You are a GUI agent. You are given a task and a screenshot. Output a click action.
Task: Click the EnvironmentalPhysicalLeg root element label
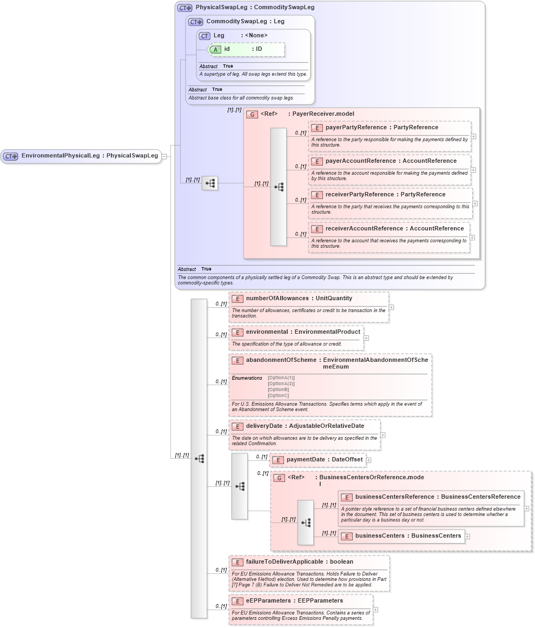point(60,156)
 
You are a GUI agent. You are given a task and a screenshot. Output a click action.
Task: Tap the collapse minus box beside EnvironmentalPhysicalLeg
point(164,156)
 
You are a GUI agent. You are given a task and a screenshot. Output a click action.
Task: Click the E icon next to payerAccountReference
point(317,161)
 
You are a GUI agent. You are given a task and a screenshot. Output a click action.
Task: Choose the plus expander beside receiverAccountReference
point(472,237)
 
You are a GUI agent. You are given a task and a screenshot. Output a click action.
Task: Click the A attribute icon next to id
point(215,49)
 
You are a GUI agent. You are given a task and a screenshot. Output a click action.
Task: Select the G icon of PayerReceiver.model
point(252,114)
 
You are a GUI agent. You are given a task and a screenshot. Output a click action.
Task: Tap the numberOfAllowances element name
point(277,299)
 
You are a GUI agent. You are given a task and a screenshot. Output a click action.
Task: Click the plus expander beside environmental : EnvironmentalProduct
point(366,338)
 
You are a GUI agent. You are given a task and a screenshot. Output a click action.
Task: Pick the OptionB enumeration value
point(278,389)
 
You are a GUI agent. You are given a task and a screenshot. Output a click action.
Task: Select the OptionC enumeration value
point(278,395)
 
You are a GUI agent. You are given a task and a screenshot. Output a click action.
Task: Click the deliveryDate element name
point(264,426)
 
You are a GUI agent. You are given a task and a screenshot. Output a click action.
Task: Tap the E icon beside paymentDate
point(278,460)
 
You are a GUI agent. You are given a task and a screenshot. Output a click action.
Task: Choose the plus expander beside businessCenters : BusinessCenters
point(467,537)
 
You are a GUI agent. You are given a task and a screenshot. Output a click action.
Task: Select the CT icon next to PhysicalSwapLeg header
point(185,8)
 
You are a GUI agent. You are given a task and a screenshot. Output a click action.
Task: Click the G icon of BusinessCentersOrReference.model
point(279,478)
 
